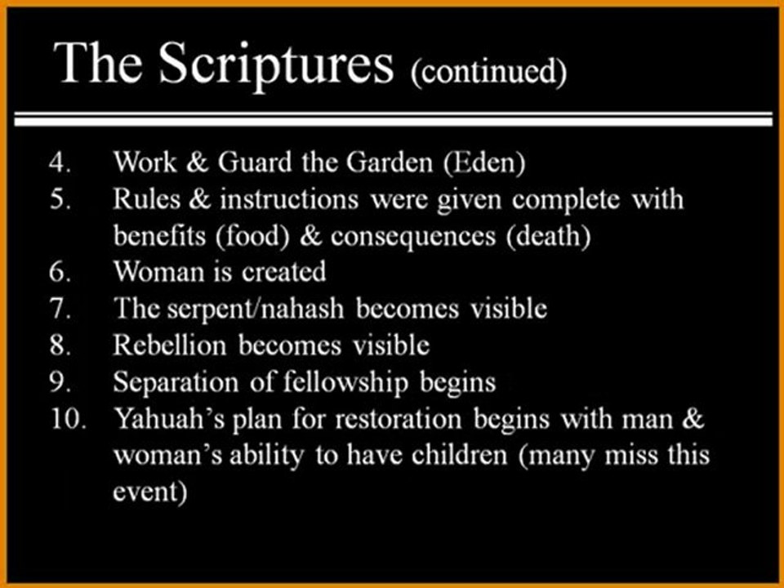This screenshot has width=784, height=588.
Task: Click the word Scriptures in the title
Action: click(277, 64)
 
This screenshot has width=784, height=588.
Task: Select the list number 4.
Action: click(60, 163)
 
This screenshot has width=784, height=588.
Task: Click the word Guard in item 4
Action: click(254, 162)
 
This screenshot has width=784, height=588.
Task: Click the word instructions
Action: click(289, 199)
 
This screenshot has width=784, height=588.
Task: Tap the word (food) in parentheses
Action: click(253, 236)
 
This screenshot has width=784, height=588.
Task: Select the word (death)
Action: click(548, 236)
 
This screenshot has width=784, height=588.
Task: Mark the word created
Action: click(283, 272)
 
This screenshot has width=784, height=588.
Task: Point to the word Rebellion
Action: click(170, 345)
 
